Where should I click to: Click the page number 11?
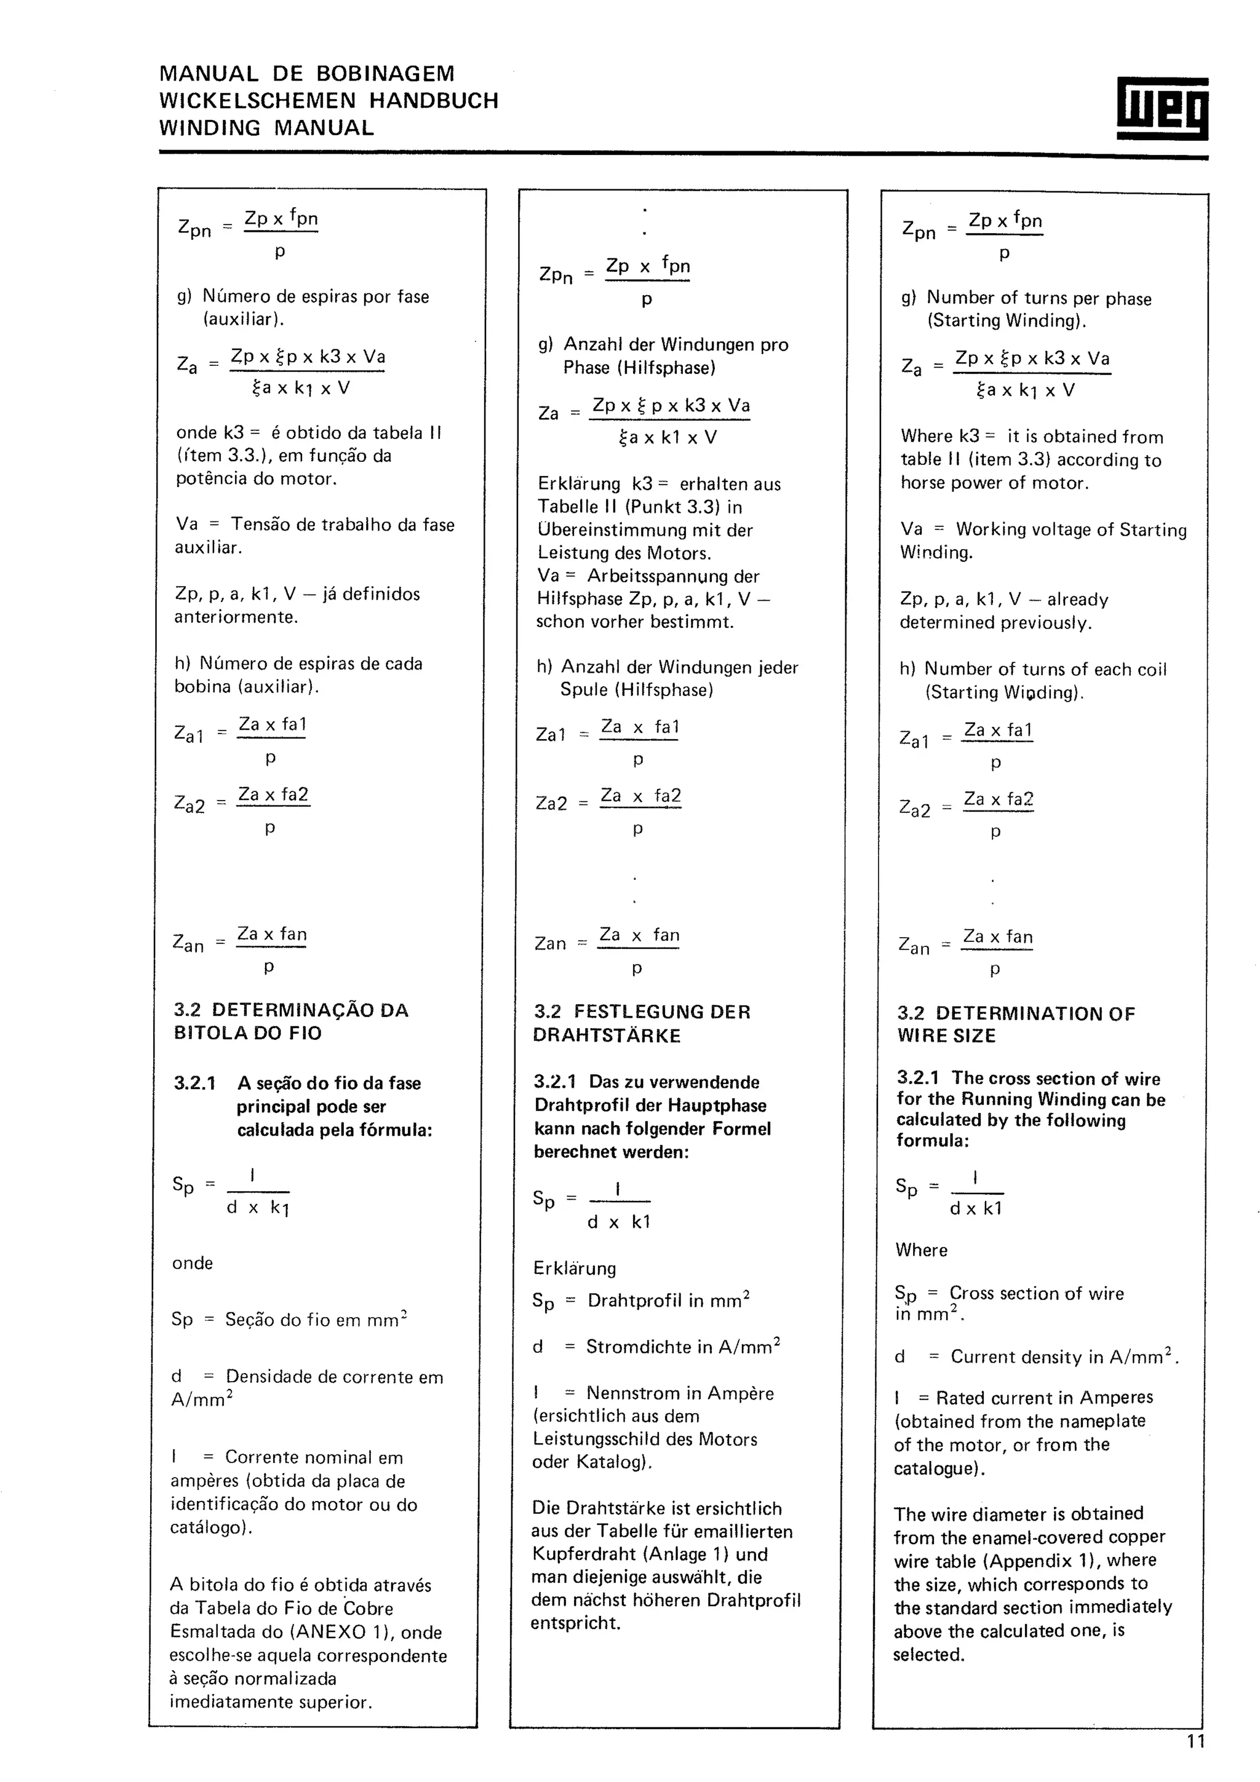click(x=1195, y=1741)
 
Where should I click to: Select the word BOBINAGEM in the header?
click(x=385, y=74)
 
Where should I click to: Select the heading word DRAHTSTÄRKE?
click(x=607, y=1036)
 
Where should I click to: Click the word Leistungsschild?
click(x=597, y=1439)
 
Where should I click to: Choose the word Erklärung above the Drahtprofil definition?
click(x=575, y=1268)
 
